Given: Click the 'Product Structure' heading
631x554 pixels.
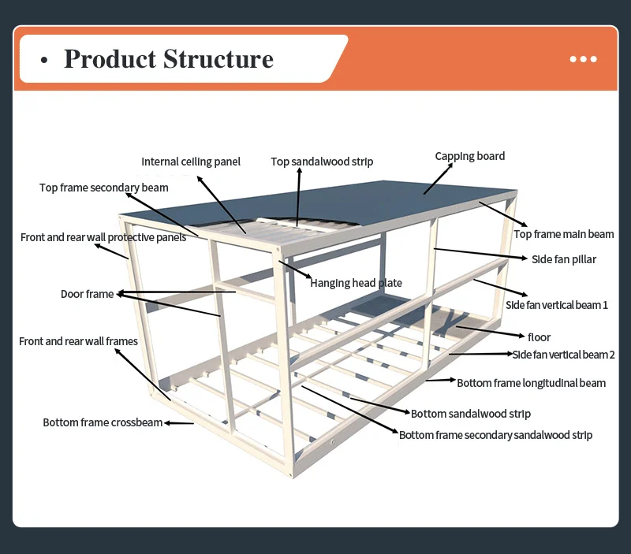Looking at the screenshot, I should click(x=168, y=59).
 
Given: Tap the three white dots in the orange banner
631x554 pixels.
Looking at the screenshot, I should click(x=583, y=59).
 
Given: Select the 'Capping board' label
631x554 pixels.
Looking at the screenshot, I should click(x=469, y=156).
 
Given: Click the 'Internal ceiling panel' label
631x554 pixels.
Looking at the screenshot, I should click(x=191, y=162).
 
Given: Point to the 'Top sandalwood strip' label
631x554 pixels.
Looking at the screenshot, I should click(x=322, y=162).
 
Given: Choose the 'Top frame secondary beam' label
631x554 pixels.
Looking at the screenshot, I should click(x=103, y=188).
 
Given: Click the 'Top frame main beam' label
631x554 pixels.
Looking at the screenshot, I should click(x=563, y=234).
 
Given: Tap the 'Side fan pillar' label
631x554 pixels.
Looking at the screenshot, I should click(x=563, y=259).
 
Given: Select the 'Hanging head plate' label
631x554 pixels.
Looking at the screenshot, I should click(x=356, y=283).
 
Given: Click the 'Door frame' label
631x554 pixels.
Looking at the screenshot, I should click(x=87, y=294).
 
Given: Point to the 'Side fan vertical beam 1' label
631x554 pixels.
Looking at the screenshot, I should click(x=556, y=305).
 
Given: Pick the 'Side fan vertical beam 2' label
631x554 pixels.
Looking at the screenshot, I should click(x=563, y=355).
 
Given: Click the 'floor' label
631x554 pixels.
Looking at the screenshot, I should click(x=539, y=337).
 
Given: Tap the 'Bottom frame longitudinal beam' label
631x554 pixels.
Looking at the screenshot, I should click(x=531, y=383).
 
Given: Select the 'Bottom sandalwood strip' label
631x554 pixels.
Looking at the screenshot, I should click(x=470, y=414).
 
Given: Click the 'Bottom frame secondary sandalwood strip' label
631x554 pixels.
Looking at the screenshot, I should click(x=495, y=435).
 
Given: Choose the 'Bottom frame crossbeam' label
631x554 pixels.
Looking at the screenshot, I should click(x=103, y=422).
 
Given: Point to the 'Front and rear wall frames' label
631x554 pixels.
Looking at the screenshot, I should click(x=78, y=341).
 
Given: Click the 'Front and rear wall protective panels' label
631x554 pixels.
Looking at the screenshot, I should click(x=103, y=237).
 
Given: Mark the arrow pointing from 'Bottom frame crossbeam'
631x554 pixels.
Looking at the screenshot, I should click(x=179, y=423).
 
